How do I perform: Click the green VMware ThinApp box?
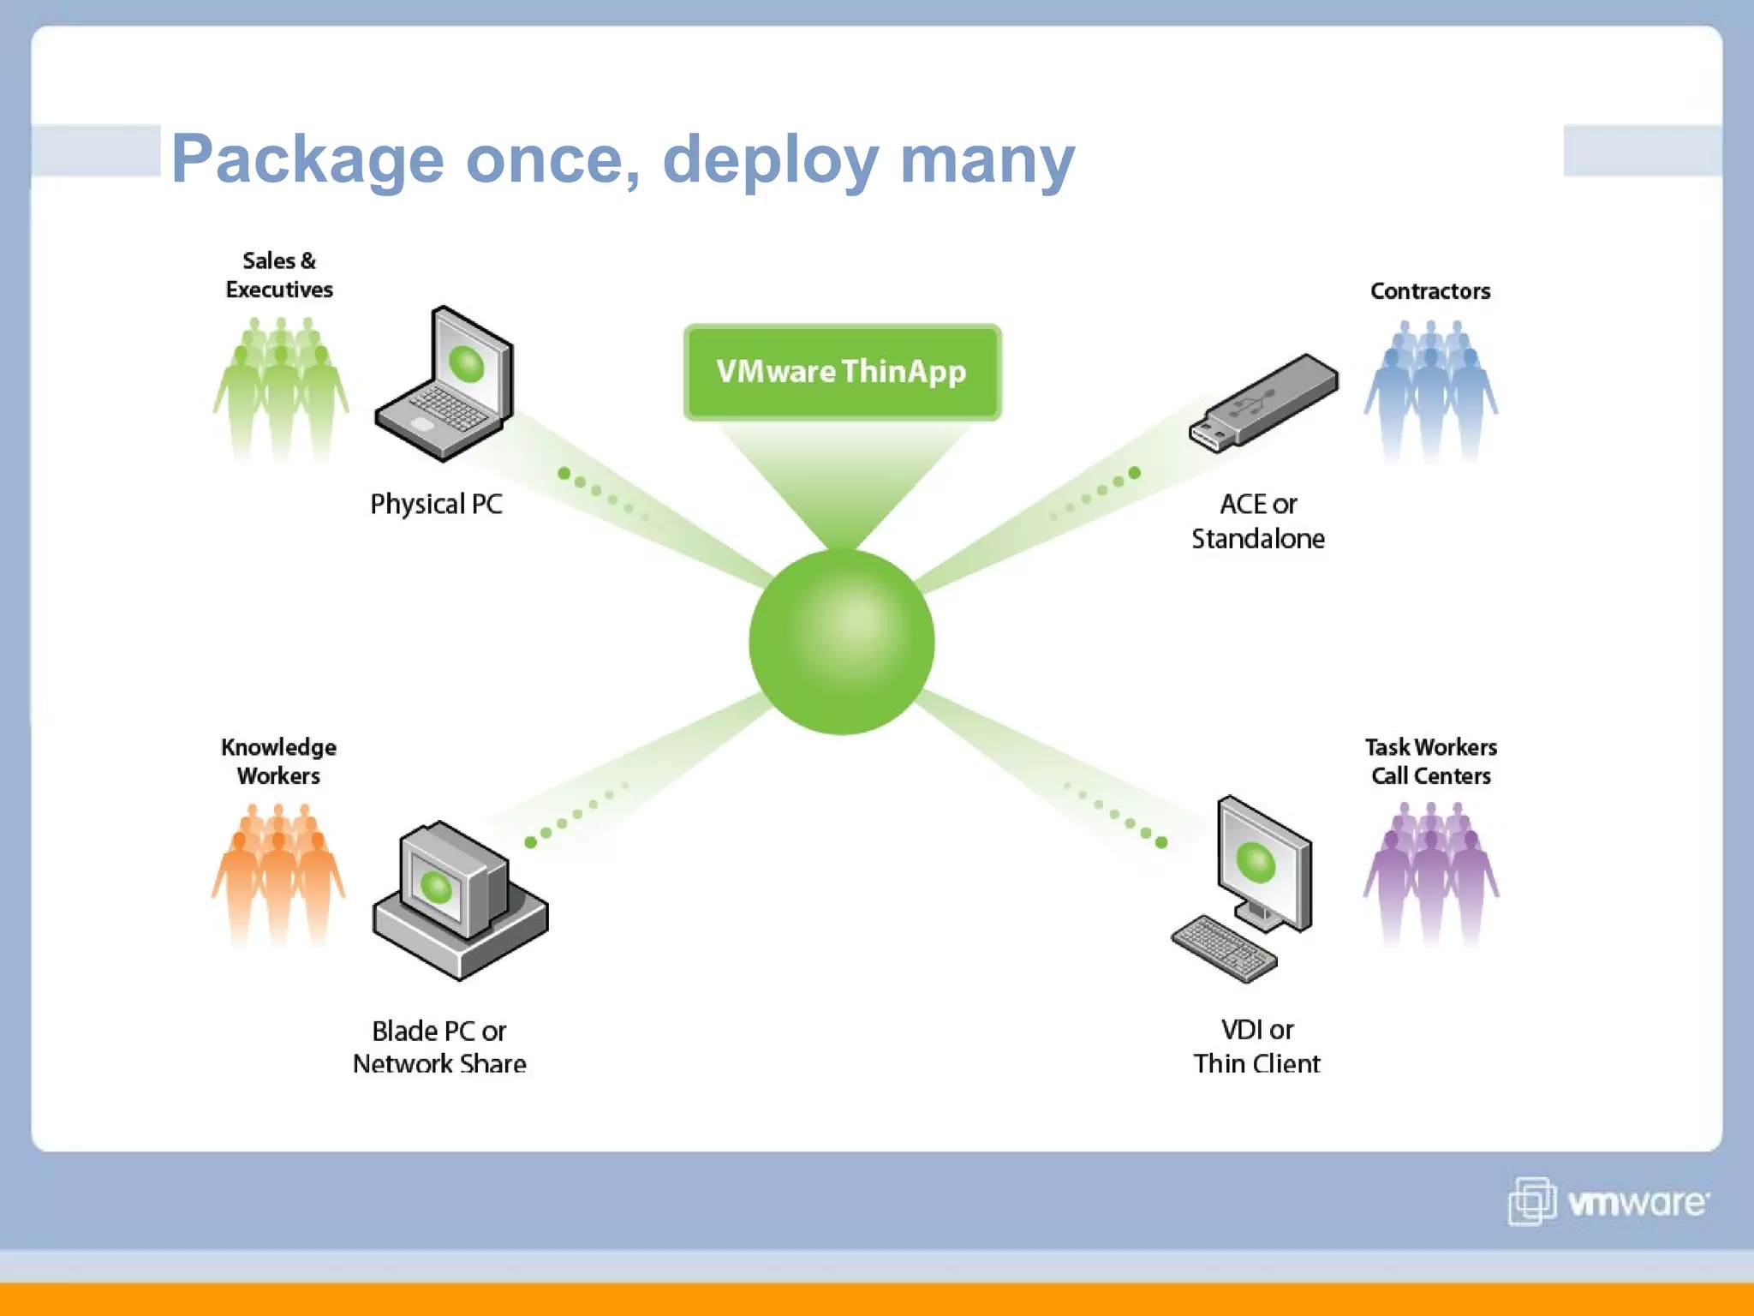pyautogui.click(x=842, y=372)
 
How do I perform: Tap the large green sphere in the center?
pyautogui.click(x=842, y=642)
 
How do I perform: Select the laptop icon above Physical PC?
pyautogui.click(x=445, y=386)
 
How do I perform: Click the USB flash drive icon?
pyautogui.click(x=1263, y=403)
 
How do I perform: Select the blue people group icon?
pyautogui.click(x=1430, y=390)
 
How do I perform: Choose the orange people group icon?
pyautogui.click(x=278, y=874)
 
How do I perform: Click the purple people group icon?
pyautogui.click(x=1430, y=874)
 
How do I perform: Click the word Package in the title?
pyautogui.click(x=307, y=159)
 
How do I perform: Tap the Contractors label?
pyautogui.click(x=1430, y=291)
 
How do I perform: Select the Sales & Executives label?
pyautogui.click(x=279, y=275)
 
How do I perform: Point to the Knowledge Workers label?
pyautogui.click(x=278, y=761)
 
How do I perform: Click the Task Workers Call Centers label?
pyautogui.click(x=1430, y=761)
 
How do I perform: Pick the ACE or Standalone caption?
pyautogui.click(x=1258, y=521)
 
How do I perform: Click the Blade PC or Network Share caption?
pyautogui.click(x=439, y=1047)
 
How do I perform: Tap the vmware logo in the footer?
pyautogui.click(x=1608, y=1202)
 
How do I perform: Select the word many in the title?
pyautogui.click(x=987, y=159)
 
